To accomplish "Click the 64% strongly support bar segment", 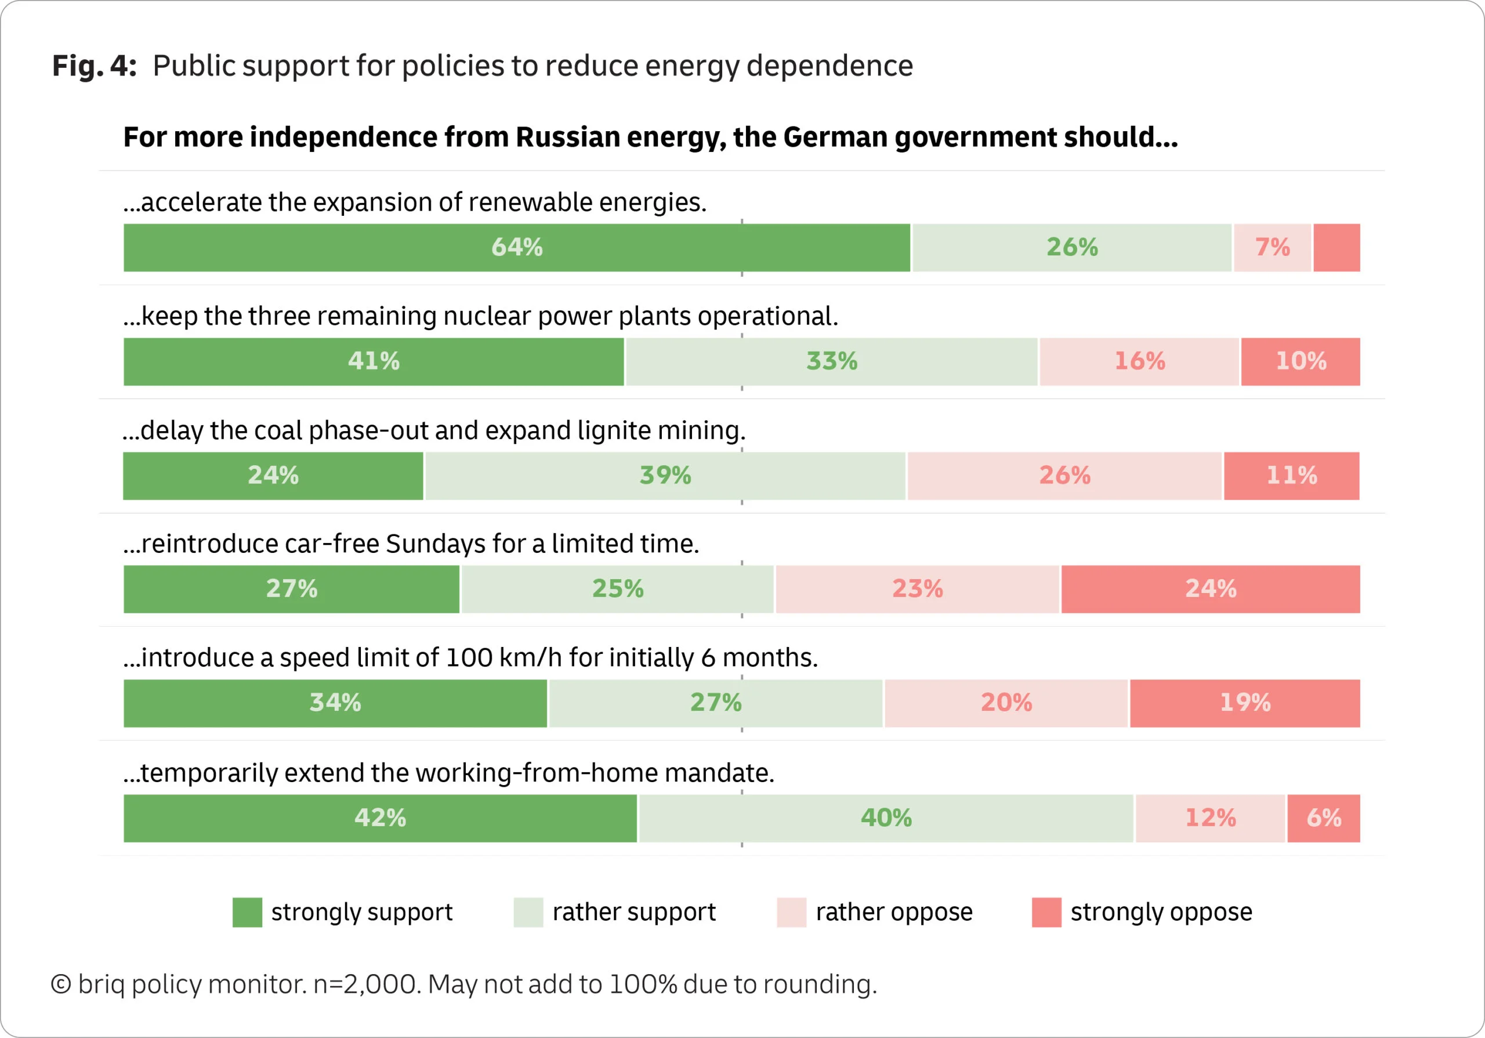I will coord(516,248).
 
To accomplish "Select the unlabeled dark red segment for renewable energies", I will coord(1336,248).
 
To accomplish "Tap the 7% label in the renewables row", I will coord(1272,247).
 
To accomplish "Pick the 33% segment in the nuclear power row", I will coord(831,361).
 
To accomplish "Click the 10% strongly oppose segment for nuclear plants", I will coord(1300,361).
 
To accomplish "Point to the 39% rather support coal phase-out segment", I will coord(665,475).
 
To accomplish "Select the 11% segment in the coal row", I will coord(1291,475).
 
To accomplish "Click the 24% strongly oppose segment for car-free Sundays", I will coord(1210,589).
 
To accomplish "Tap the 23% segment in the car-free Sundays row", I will coord(917,589).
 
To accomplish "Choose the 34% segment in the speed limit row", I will coord(335,703).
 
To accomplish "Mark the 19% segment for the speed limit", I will coord(1244,703).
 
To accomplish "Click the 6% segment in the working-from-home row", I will coord(1323,818).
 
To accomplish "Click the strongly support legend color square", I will coord(247,913).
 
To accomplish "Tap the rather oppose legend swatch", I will coord(791,913).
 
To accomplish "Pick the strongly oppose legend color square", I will coord(1046,913).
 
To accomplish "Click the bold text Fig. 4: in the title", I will coord(95,66).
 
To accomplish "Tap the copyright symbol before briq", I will coord(61,984).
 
